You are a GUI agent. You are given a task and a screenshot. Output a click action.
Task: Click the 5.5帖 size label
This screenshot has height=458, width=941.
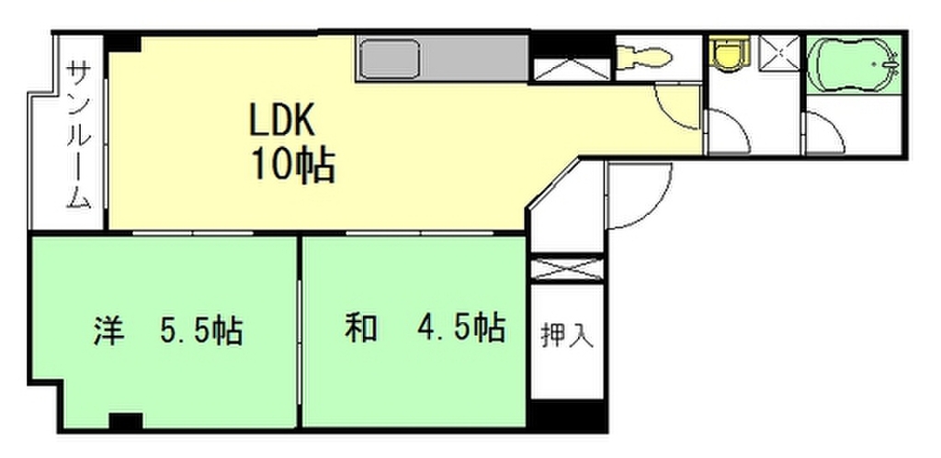[199, 329]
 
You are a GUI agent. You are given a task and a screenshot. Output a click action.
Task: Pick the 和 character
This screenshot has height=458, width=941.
[359, 328]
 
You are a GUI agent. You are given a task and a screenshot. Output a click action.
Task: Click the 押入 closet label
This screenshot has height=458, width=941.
[567, 335]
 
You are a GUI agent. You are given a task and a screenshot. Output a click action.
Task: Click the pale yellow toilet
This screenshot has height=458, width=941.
[645, 58]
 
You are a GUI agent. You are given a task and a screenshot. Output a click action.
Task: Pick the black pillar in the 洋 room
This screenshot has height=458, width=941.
[125, 421]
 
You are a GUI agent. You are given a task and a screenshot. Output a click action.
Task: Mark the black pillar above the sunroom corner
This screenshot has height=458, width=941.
[122, 42]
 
